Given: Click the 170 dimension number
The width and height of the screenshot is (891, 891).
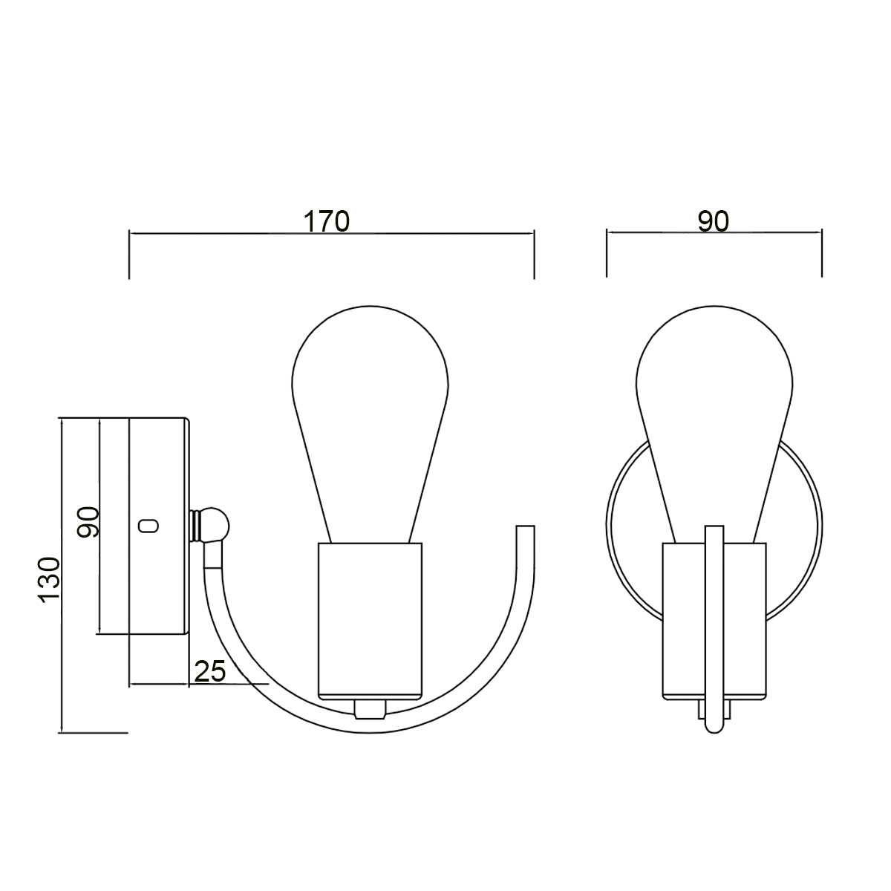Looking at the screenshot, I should pyautogui.click(x=327, y=221).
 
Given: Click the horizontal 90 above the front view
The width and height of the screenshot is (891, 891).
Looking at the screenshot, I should pyautogui.click(x=714, y=221).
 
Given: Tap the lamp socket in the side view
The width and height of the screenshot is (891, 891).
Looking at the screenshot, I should pyautogui.click(x=370, y=621).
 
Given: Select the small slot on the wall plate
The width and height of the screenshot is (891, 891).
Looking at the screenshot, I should pyautogui.click(x=148, y=526).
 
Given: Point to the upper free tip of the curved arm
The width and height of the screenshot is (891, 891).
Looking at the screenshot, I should pyautogui.click(x=525, y=529).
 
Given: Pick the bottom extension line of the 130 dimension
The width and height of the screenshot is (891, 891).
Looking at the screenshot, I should pyautogui.click(x=93, y=733).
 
